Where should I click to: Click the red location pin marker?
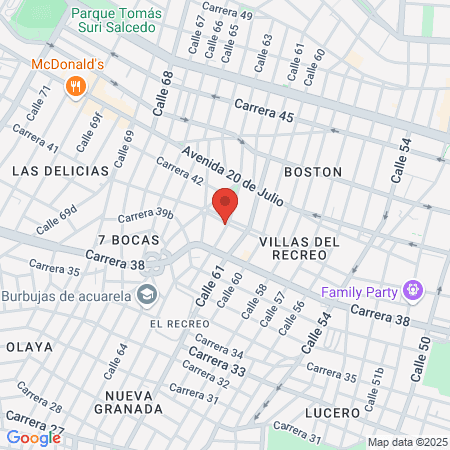(225, 207)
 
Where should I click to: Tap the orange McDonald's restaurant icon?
(74, 87)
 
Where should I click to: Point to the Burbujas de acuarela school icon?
(148, 294)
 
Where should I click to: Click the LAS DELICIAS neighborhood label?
(60, 171)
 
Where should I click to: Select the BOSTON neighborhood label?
(313, 172)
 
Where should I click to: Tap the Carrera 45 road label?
(264, 111)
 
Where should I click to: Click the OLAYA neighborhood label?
(23, 346)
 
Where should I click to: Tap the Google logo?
(33, 437)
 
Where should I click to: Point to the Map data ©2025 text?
(406, 442)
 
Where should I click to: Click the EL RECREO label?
(179, 324)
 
